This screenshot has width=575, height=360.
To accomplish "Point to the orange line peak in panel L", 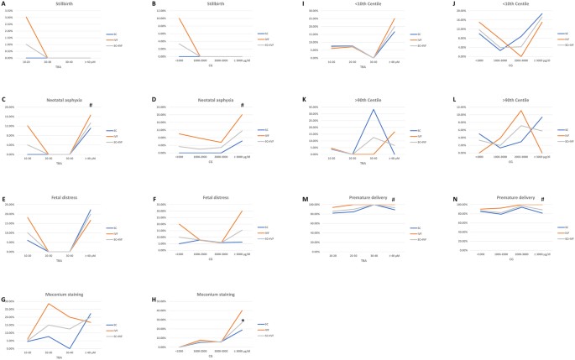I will [522, 111].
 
